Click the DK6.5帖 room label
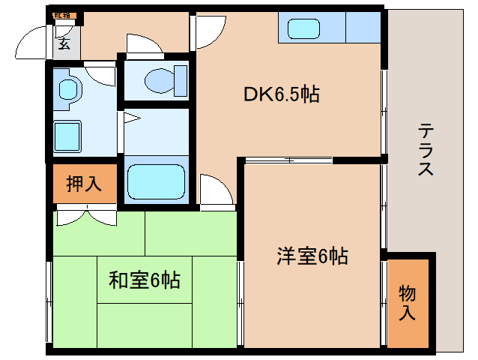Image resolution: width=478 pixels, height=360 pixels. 282,95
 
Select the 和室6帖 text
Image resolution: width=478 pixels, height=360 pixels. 145,280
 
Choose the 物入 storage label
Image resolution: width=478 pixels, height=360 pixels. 407,302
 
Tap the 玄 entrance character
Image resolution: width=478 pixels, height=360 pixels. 64,43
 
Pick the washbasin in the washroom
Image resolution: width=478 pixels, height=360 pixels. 69,88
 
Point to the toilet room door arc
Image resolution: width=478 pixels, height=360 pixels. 142,43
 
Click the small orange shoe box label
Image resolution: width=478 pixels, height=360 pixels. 62,15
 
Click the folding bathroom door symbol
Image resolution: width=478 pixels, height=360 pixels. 130,117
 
